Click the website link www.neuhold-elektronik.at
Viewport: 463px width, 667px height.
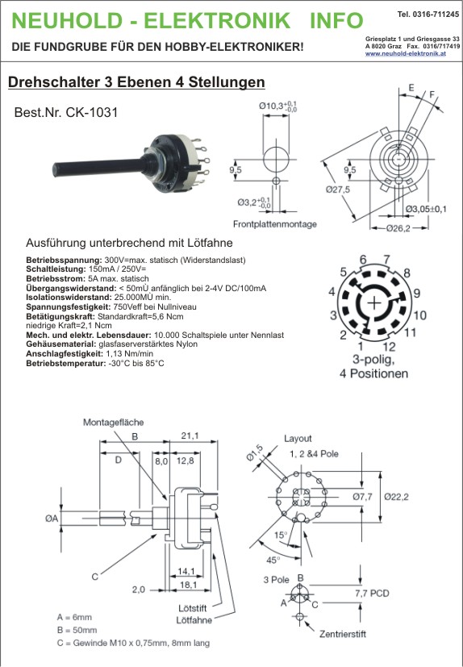point(405,53)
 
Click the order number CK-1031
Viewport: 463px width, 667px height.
point(91,112)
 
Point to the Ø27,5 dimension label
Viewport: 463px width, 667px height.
point(338,190)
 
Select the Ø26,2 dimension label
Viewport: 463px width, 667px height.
point(398,228)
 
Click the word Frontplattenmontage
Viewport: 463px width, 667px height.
point(275,223)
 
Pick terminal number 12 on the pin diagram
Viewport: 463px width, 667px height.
point(389,347)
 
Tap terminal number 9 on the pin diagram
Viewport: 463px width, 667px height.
point(416,293)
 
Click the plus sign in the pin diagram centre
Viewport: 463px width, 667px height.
point(374,303)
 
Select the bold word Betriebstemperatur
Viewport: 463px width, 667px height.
point(66,363)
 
